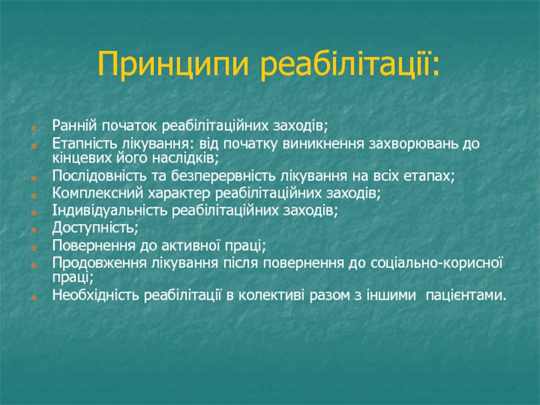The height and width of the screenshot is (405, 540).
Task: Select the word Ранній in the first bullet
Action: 75,126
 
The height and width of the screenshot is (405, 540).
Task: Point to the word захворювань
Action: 412,144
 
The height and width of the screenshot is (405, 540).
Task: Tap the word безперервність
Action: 223,176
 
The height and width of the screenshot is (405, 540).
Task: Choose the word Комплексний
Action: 97,193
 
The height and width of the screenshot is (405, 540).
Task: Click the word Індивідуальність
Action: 109,211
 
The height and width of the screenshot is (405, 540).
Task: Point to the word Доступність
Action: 95,228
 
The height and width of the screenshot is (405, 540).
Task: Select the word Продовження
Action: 99,263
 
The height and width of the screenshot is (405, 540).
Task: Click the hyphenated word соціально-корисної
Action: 437,263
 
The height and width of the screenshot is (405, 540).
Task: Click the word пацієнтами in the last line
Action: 466,296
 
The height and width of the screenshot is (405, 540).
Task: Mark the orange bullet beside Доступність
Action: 34,230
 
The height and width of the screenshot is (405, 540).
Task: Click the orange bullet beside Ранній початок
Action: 34,128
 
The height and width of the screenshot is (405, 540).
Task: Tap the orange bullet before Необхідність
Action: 34,297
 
